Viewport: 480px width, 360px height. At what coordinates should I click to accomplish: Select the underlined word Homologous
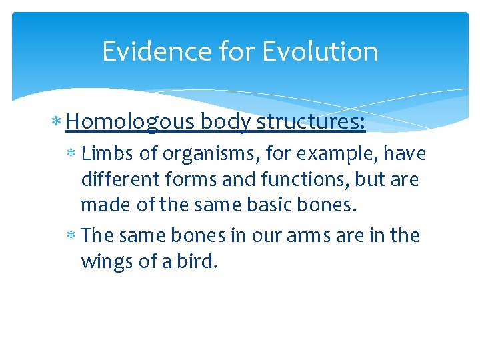coord(131,121)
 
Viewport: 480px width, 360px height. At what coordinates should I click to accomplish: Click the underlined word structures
coord(311,121)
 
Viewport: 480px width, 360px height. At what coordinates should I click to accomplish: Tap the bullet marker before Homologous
coord(59,122)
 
